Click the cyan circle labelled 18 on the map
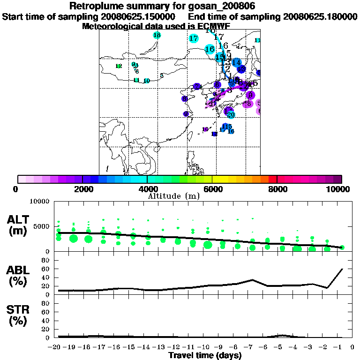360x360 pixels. [157, 35]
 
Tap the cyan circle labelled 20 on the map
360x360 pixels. [230, 114]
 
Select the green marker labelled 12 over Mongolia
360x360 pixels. [119, 66]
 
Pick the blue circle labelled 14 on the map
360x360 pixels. [236, 62]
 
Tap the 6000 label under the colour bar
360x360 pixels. [212, 189]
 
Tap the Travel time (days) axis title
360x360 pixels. [205, 356]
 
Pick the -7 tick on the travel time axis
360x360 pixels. [253, 347]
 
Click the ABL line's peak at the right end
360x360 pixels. [342, 269]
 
